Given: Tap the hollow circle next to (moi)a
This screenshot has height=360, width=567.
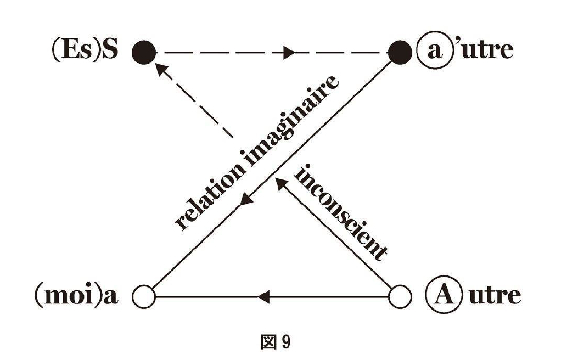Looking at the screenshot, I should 144,297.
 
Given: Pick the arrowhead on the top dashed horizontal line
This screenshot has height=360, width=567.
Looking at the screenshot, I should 288,53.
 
